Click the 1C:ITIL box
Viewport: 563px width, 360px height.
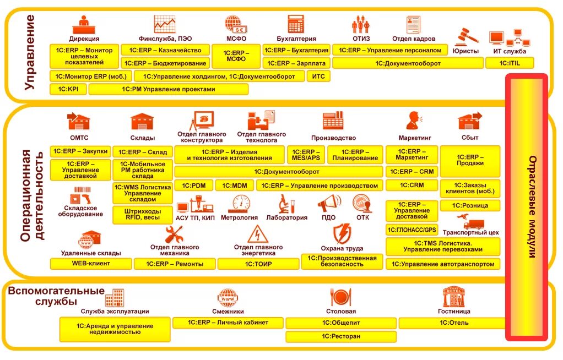pyautogui.click(x=509, y=63)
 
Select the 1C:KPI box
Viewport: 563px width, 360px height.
pyautogui.click(x=68, y=89)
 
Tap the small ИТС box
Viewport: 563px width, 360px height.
pyautogui.click(x=318, y=77)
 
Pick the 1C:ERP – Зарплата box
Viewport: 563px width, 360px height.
pyautogui.click(x=296, y=63)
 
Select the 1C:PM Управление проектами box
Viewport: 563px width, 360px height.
pyautogui.click(x=169, y=89)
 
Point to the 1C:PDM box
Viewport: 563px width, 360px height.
pyautogui.click(x=193, y=186)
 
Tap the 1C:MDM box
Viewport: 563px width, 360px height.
pyautogui.click(x=235, y=186)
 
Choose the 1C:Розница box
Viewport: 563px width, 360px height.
pyautogui.click(x=469, y=205)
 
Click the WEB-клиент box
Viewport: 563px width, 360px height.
pyautogui.click(x=91, y=264)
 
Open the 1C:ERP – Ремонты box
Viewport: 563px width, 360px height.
pyautogui.click(x=175, y=264)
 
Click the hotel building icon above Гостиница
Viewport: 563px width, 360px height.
pyautogui.click(x=454, y=297)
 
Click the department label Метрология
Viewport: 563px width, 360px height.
pyautogui.click(x=239, y=217)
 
